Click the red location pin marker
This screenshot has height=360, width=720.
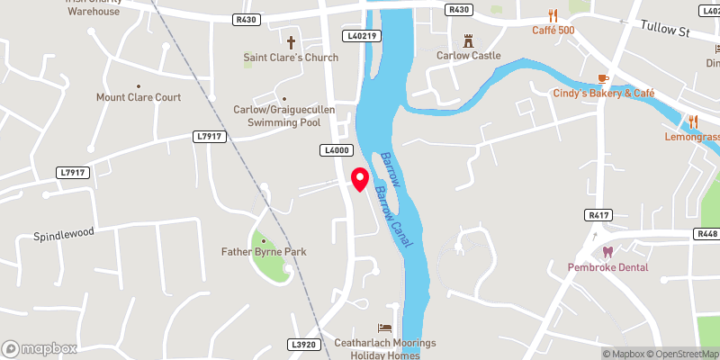click(360, 179)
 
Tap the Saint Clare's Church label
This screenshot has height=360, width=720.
click(291, 58)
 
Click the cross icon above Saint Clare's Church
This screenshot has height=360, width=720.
click(291, 41)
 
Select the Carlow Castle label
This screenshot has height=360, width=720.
click(468, 55)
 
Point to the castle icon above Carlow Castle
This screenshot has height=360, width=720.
click(468, 40)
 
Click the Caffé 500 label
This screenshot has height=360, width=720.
click(553, 30)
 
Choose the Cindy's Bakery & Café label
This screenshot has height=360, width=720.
click(604, 94)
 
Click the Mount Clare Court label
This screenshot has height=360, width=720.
click(139, 97)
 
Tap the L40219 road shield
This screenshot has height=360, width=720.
click(363, 36)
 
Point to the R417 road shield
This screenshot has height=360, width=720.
click(598, 215)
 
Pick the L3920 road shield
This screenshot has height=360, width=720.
click(303, 344)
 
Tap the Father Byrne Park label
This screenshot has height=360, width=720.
click(264, 252)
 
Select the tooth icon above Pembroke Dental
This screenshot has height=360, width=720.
click(606, 251)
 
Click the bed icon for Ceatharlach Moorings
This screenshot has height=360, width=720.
click(385, 327)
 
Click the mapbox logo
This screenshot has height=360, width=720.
click(40, 348)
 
